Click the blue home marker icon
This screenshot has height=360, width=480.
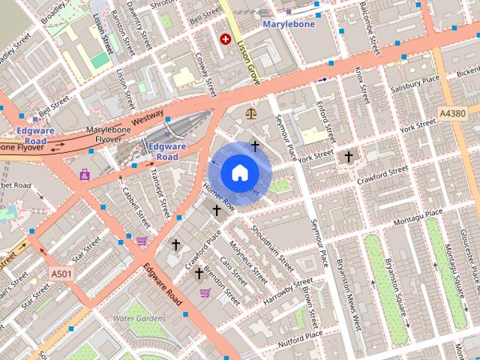[239, 172]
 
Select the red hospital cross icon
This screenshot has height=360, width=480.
[224, 38]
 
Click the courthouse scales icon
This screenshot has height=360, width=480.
[250, 113]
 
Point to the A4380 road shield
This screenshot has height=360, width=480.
[452, 113]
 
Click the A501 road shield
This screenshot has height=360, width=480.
[62, 274]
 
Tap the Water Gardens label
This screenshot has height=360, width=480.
[139, 318]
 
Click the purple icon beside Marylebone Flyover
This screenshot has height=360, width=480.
[85, 175]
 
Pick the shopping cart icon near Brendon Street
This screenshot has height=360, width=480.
[205, 292]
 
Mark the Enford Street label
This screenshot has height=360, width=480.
[323, 120]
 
